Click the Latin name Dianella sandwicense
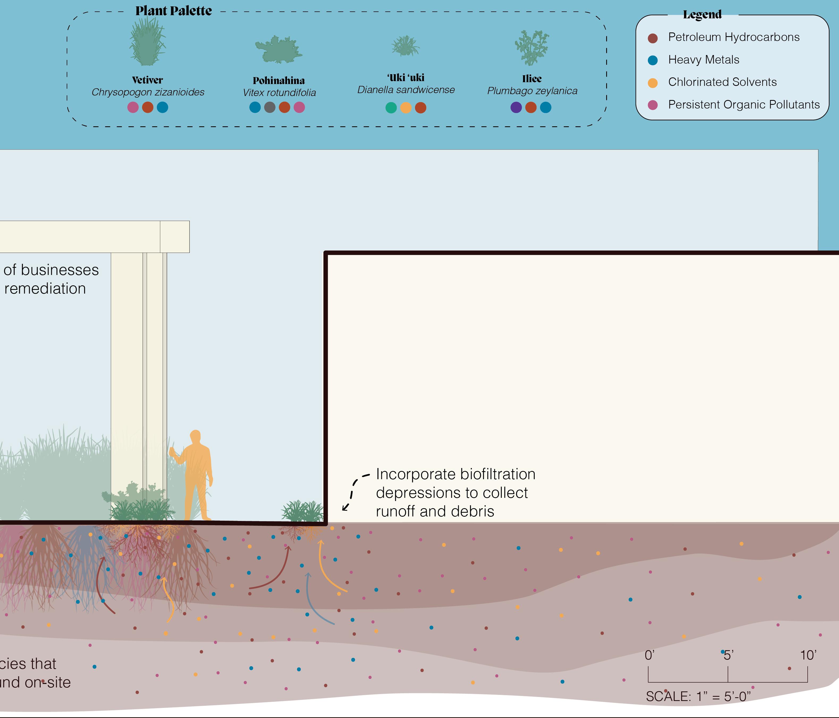pos(406,90)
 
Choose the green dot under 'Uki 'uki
pos(391,108)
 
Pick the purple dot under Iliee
pos(516,107)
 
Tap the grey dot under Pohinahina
pos(270,107)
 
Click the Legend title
pos(702,15)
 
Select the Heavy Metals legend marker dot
pos(652,60)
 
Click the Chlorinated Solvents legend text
pos(722,82)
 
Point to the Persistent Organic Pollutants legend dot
pos(652,105)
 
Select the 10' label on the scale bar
pos(808,655)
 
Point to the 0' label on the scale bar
pos(649,655)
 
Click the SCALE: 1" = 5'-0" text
pos(698,696)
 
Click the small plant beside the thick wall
pos(302,512)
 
